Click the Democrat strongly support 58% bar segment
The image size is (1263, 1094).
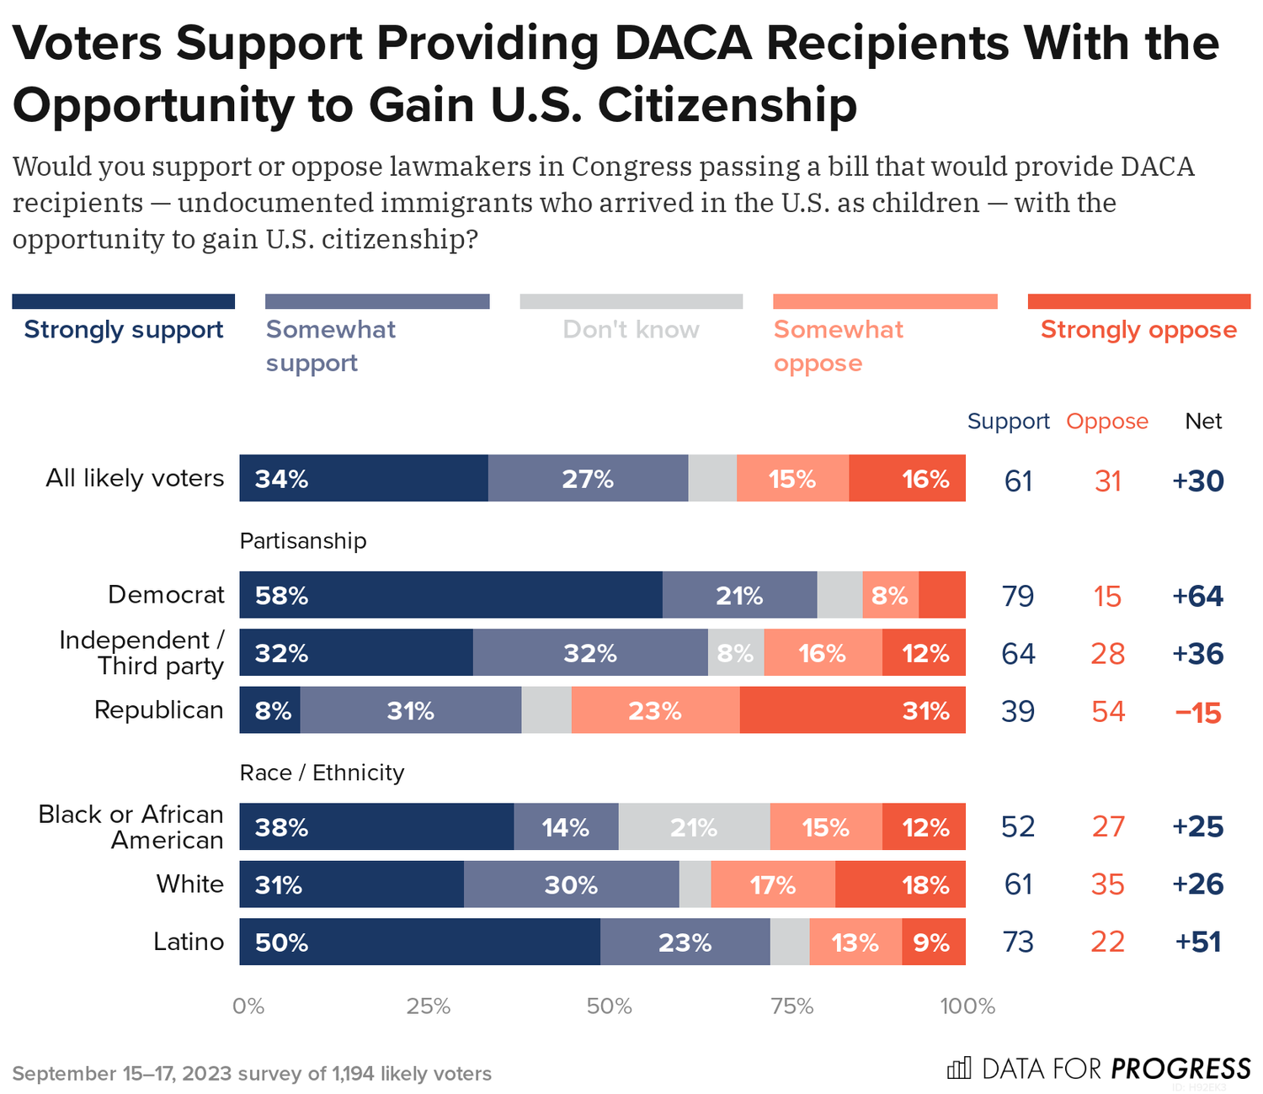point(450,595)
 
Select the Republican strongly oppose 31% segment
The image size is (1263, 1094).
point(852,710)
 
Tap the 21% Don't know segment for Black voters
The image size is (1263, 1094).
point(694,826)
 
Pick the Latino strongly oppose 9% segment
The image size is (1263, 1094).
point(933,942)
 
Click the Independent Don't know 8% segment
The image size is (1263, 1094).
point(735,652)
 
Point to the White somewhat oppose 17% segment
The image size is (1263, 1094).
point(772,884)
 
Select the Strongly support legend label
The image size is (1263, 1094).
point(124,329)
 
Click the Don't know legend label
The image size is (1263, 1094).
point(631,329)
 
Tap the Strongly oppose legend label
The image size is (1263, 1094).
point(1138,329)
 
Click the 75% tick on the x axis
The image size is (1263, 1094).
point(791,1006)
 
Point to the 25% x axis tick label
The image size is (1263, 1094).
point(429,1006)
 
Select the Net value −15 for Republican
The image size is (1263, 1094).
point(1197,713)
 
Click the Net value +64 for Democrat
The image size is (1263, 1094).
point(1197,597)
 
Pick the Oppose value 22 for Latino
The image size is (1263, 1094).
point(1107,942)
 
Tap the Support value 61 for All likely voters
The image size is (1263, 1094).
point(1018,481)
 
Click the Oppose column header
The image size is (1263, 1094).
point(1106,421)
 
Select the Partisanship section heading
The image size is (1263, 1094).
point(303,540)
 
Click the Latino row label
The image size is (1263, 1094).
point(189,941)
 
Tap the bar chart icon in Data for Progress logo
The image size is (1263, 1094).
point(959,1068)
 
